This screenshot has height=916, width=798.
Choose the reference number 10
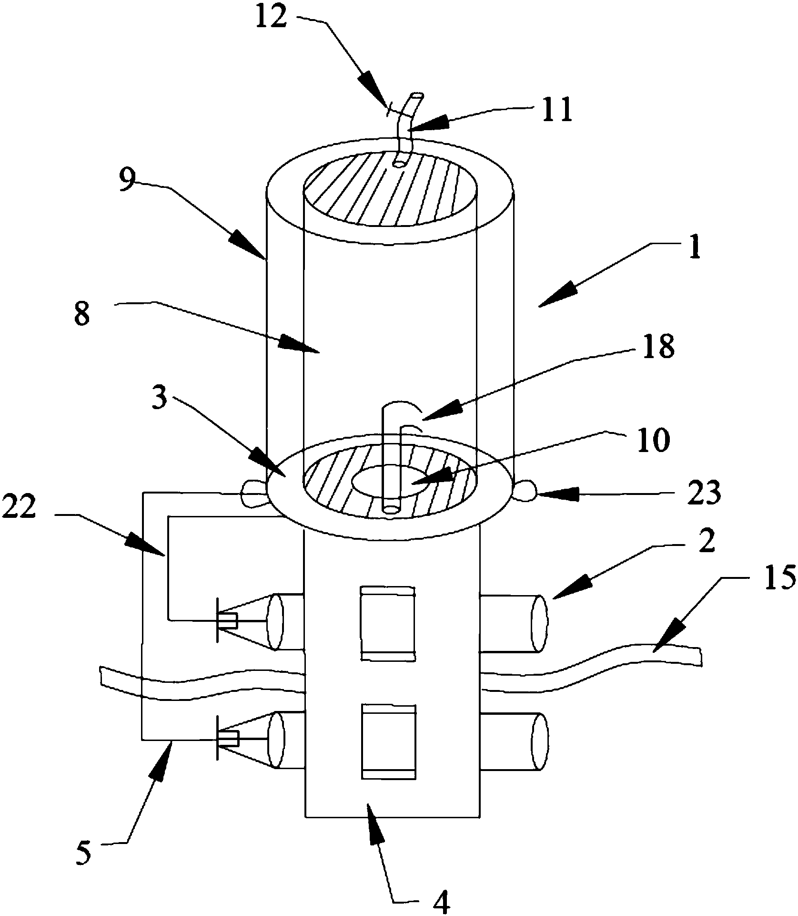(x=653, y=441)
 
